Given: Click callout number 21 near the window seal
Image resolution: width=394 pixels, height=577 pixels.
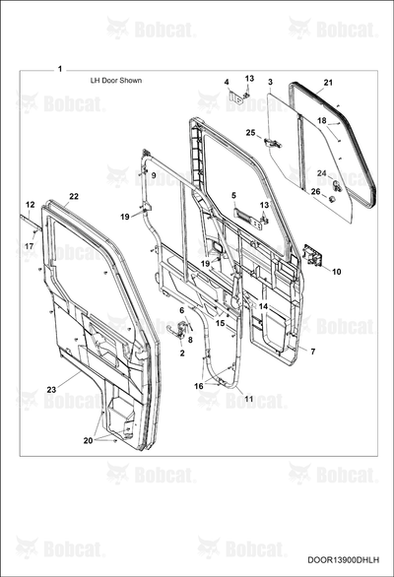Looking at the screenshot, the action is (328, 83).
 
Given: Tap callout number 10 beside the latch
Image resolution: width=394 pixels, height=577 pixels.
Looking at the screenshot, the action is (337, 272).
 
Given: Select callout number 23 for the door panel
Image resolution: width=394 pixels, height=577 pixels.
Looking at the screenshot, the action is (51, 389).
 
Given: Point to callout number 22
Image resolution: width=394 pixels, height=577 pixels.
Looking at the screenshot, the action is (74, 196).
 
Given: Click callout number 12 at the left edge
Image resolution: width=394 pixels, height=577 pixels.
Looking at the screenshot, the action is (31, 205).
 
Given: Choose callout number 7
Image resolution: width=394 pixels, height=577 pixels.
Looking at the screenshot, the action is (312, 352).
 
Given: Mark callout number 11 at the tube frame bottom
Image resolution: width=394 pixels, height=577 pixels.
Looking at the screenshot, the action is (249, 399).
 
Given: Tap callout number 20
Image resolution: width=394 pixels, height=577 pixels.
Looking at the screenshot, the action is (88, 440).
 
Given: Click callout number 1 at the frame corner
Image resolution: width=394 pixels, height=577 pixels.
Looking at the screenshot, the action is (60, 69).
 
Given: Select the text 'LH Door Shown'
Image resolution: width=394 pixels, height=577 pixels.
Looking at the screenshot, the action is (116, 80).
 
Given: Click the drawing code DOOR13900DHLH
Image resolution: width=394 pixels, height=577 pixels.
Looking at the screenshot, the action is (344, 559).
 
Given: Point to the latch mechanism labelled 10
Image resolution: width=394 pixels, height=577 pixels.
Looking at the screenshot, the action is (312, 255).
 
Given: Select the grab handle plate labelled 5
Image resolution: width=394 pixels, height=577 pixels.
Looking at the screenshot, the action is (246, 215).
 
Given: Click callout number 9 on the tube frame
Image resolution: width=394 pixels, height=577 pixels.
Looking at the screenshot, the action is (154, 175).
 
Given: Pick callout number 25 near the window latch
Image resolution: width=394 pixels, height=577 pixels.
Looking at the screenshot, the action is (250, 133).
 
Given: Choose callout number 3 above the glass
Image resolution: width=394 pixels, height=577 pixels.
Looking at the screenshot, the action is (270, 82).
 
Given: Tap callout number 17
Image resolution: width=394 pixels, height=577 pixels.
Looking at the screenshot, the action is (29, 246).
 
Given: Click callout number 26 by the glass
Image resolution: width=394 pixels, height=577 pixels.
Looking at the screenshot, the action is (315, 191).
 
